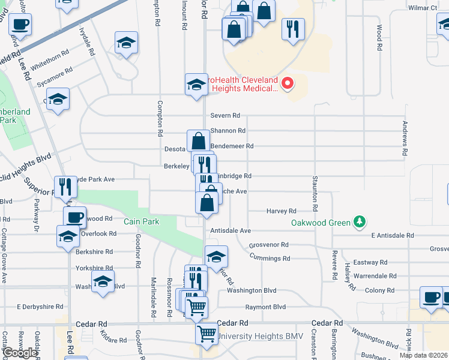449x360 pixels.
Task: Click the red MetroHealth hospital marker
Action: (x=287, y=83)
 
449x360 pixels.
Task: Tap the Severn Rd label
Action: (x=225, y=115)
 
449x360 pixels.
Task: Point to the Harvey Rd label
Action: (x=282, y=211)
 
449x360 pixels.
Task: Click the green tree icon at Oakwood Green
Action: (x=360, y=222)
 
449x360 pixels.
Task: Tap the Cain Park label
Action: (x=142, y=221)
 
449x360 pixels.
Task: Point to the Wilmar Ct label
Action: (x=423, y=8)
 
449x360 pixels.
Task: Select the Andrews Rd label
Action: (x=405, y=138)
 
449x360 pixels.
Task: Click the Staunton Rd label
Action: (x=314, y=193)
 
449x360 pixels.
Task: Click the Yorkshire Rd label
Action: (x=94, y=268)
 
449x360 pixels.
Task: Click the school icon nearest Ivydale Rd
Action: (x=126, y=43)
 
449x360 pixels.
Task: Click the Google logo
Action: (x=20, y=353)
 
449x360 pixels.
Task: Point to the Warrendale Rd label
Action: (x=375, y=276)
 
